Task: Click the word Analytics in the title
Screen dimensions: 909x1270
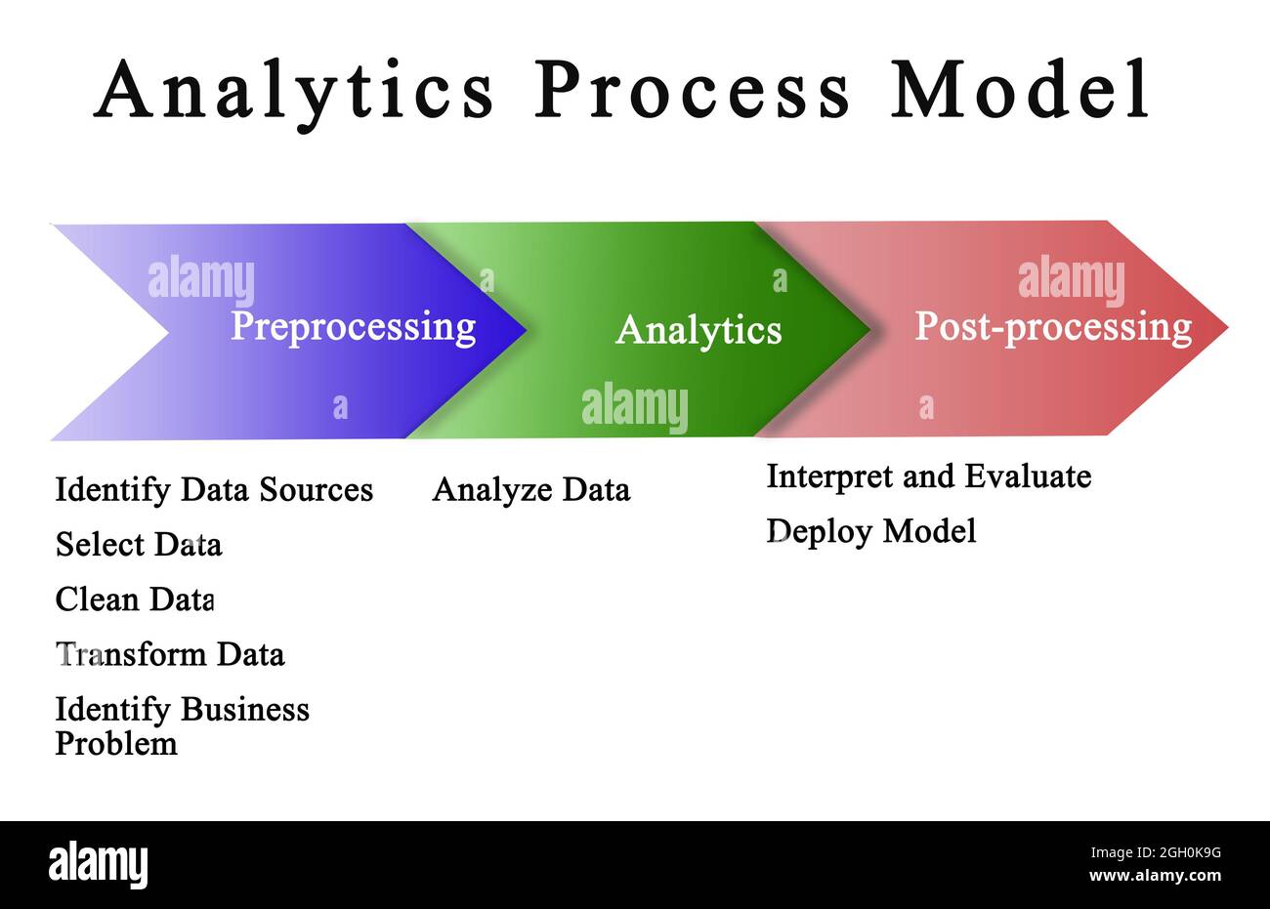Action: [294, 90]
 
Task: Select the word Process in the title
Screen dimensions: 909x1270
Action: [692, 90]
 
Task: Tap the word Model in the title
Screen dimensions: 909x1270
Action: [1020, 90]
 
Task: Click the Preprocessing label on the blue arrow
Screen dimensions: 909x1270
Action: [353, 326]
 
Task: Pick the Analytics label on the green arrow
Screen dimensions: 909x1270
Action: [698, 330]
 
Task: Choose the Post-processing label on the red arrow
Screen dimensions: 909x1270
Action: [1052, 326]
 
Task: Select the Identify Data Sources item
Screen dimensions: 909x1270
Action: [214, 489]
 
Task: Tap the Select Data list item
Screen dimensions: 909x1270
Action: [139, 544]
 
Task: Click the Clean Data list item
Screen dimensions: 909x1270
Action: [135, 599]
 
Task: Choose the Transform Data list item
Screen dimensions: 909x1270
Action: [170, 653]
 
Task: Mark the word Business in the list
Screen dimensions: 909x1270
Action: [245, 709]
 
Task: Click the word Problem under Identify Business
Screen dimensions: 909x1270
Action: [116, 744]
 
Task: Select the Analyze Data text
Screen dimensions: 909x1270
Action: [531, 489]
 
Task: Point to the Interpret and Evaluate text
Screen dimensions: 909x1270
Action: [928, 476]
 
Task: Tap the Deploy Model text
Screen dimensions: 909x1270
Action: [870, 531]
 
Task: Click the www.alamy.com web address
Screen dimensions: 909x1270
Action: [1155, 876]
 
